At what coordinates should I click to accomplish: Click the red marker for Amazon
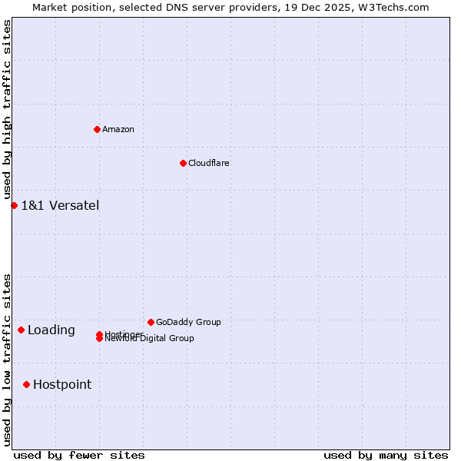pos(98,129)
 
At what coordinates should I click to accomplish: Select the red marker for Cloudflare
pos(183,163)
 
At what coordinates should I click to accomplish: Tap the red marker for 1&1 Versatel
pos(14,205)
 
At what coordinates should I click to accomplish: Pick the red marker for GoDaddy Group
pos(151,322)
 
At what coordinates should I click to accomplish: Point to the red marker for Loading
pos(21,330)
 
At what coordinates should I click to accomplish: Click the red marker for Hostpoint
pos(26,384)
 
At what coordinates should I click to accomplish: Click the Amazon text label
pos(118,129)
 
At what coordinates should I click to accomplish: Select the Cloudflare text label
pos(209,163)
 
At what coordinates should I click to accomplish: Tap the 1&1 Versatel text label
pos(60,205)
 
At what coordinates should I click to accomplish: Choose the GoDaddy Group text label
pos(188,322)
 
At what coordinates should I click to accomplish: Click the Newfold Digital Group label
pos(150,339)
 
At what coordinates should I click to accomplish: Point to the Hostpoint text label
pos(62,384)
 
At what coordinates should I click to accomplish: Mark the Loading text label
pos(51,330)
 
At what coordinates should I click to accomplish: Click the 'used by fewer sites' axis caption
pos(79,455)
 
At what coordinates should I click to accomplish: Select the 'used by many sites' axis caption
pos(386,455)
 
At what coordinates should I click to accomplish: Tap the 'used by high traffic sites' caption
pos(7,110)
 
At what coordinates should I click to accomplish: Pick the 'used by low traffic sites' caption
pos(7,359)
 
